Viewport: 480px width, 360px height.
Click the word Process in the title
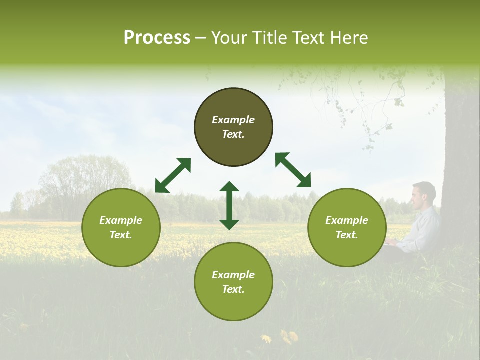tap(157, 38)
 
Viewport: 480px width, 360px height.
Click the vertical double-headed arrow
tap(229, 205)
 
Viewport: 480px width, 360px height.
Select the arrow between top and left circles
tap(173, 175)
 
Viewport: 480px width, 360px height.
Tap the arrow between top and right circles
tap(293, 170)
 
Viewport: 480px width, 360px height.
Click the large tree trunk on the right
tap(461, 150)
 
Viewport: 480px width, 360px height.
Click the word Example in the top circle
tap(233, 120)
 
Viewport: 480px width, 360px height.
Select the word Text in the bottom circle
tap(233, 289)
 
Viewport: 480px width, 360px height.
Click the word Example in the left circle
tap(121, 220)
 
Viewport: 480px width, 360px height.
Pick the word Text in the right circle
tap(347, 235)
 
